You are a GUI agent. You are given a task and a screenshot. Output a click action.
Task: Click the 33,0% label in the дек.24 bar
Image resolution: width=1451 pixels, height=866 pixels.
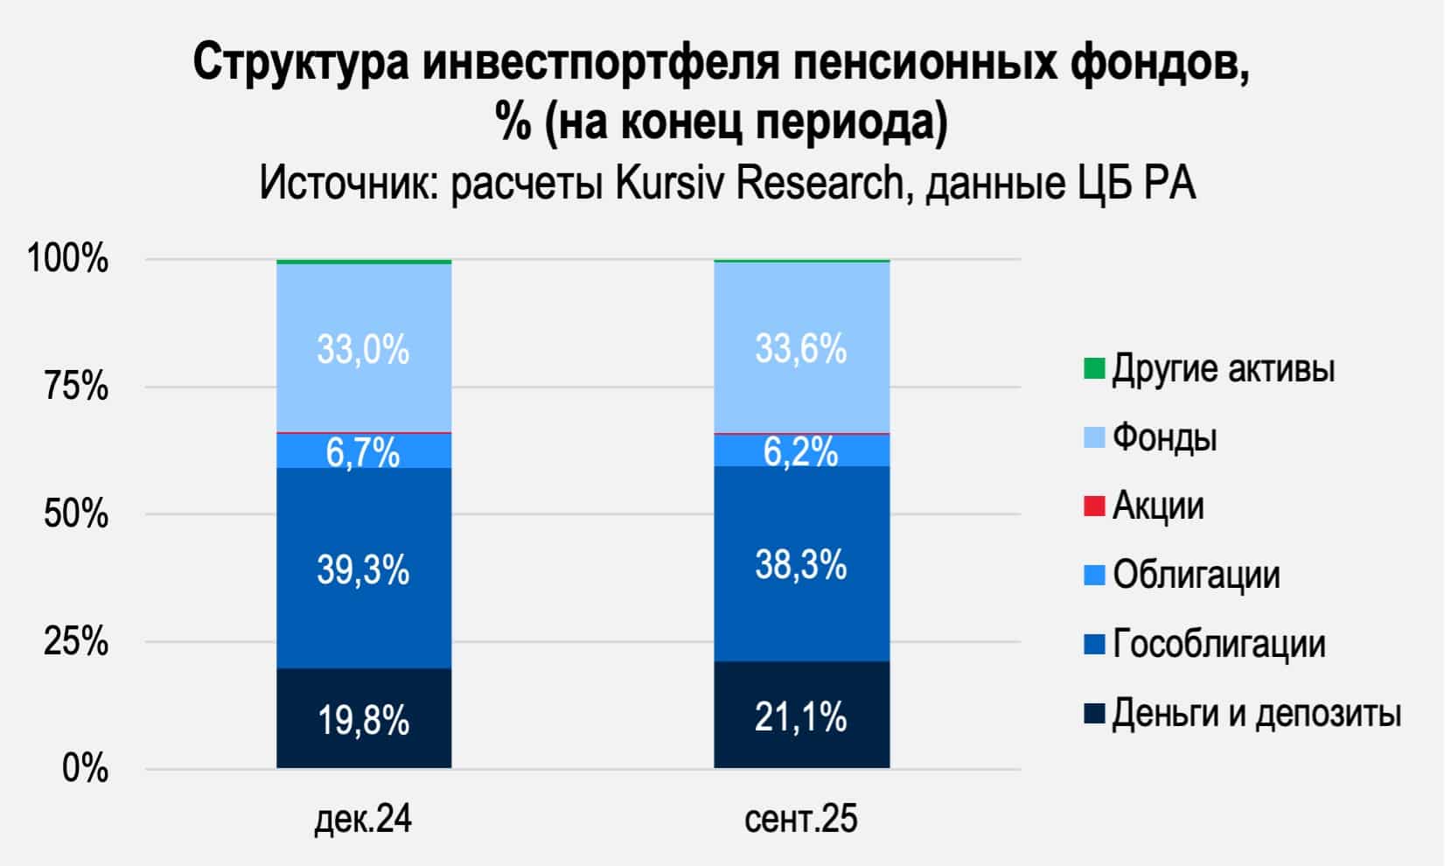click(x=363, y=351)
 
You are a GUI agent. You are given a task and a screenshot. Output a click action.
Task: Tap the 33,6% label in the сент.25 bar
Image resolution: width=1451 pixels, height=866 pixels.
click(x=801, y=350)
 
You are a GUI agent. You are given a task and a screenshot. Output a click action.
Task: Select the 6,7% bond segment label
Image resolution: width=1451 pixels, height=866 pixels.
click(x=363, y=453)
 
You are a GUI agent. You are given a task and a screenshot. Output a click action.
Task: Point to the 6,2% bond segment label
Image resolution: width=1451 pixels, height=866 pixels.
click(x=801, y=452)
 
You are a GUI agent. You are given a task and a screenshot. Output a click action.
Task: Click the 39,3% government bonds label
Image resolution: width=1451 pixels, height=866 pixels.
click(x=363, y=570)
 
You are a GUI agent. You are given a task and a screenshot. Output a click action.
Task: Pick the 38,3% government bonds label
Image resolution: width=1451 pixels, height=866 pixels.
click(x=801, y=565)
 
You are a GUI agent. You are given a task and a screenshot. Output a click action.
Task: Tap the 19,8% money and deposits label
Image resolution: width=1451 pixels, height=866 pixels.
click(x=363, y=721)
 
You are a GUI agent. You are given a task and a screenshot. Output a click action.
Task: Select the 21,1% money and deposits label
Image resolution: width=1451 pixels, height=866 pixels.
click(x=801, y=717)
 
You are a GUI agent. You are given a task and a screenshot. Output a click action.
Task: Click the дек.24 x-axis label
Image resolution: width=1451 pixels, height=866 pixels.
click(x=363, y=820)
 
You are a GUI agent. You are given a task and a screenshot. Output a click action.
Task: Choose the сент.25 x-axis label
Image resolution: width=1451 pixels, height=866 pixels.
click(x=801, y=820)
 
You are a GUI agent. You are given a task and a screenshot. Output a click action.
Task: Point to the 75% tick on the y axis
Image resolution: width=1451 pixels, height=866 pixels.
click(x=77, y=386)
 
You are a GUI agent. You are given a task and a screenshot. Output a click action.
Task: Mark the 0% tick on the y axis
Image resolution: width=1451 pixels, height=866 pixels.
click(x=86, y=770)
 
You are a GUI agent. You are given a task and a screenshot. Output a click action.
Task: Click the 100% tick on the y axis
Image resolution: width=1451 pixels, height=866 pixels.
click(x=68, y=259)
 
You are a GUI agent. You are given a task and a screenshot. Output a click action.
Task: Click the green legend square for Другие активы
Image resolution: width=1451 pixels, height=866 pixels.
click(x=1093, y=368)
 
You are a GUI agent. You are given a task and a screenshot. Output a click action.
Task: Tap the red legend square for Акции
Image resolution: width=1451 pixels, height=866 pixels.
click(x=1093, y=506)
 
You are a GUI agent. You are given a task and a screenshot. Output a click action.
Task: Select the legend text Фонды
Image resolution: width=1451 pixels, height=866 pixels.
click(x=1164, y=437)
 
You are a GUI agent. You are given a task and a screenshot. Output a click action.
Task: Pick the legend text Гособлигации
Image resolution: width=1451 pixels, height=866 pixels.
click(x=1218, y=645)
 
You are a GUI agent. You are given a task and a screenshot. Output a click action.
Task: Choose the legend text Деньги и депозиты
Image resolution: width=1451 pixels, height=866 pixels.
click(x=1256, y=714)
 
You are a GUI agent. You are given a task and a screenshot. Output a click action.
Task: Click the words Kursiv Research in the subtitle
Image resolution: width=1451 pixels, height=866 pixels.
click(x=758, y=184)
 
